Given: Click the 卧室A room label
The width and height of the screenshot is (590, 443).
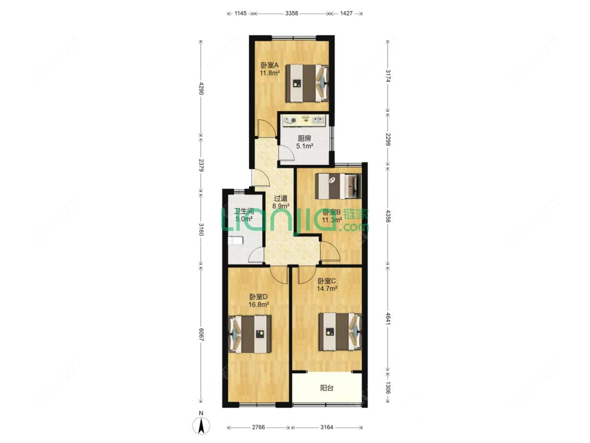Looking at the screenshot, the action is [x=270, y=65].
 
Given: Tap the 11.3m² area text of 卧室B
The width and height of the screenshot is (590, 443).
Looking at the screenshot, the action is [x=332, y=220].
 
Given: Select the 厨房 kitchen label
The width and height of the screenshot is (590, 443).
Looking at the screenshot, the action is [x=304, y=138].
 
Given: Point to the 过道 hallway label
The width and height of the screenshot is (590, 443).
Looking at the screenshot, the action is [x=281, y=198].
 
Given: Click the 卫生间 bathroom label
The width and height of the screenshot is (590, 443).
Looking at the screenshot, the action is [x=243, y=211].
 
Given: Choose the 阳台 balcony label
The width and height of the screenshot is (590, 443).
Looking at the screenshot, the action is [x=327, y=387].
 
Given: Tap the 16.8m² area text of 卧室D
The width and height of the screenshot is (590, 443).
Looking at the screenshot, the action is [x=259, y=304].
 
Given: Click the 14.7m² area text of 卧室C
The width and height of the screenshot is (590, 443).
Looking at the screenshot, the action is [x=327, y=289].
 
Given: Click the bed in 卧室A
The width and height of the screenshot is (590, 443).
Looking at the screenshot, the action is [x=307, y=83].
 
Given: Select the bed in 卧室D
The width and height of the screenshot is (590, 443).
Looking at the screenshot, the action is [x=250, y=334].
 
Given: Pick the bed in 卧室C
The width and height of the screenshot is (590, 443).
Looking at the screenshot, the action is [x=340, y=332].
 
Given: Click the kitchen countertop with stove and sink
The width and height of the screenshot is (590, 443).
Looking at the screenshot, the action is [x=304, y=120].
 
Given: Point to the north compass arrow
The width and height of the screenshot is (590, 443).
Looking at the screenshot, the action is [x=201, y=426].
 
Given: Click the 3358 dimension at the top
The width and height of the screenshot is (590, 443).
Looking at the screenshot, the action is [x=292, y=13].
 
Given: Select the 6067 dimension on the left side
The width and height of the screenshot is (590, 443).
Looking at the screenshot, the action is [x=201, y=334].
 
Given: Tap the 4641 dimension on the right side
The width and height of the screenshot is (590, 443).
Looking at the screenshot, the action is [x=388, y=320].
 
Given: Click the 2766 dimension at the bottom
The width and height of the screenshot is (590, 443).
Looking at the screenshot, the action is [x=259, y=427].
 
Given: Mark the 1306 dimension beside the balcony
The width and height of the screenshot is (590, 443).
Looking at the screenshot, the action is [x=388, y=387].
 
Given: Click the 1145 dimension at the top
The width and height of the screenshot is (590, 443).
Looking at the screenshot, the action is [x=240, y=13].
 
